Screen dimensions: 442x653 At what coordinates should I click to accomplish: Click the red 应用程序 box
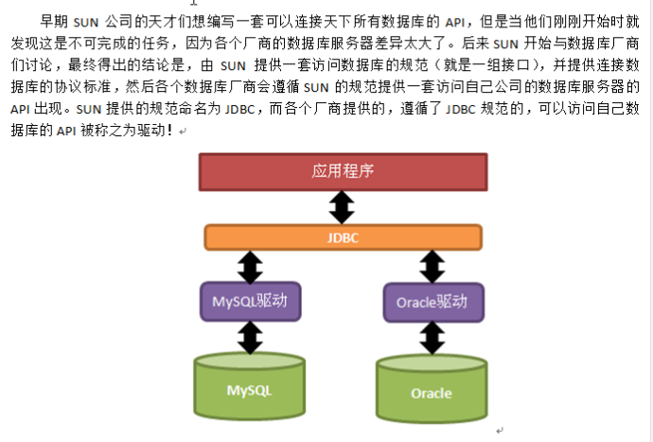[343, 171]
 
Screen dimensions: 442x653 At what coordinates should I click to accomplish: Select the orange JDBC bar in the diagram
[343, 237]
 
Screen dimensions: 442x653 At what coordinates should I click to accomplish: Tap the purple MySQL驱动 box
[250, 303]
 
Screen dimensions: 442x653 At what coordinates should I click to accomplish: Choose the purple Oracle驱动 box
[432, 303]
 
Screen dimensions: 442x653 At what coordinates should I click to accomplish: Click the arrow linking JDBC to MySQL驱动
[250, 267]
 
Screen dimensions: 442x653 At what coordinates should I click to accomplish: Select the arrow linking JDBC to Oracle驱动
[432, 267]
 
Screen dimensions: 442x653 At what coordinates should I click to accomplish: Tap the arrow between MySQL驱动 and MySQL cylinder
[250, 337]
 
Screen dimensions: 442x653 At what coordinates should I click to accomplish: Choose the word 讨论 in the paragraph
[41, 64]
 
